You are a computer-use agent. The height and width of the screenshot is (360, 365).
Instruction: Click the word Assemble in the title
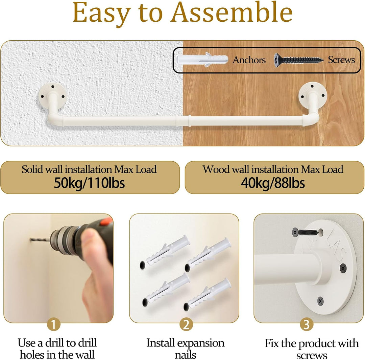pos(232,12)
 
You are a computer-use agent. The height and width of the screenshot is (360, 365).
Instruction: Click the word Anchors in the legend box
pos(249,60)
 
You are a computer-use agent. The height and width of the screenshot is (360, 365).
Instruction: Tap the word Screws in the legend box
pos(341,60)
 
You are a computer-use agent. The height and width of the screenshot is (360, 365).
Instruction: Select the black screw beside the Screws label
pos(298,60)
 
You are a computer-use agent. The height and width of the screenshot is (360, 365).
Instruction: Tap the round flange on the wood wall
pos(313,95)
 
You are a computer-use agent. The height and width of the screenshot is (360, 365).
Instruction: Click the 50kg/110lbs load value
pos(89,183)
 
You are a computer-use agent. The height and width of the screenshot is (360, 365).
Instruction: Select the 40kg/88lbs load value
pos(273,183)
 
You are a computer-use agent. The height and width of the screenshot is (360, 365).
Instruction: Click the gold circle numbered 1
pos(54,324)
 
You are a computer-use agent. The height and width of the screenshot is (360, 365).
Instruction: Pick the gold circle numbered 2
pos(186,324)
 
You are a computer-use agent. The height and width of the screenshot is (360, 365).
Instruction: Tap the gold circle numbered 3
pos(307,324)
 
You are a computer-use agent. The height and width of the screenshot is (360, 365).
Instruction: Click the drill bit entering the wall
pos(40,240)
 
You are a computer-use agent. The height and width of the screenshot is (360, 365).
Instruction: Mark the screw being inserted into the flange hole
pos(306,232)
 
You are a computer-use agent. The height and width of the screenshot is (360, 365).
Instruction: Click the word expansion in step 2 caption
pos(201,343)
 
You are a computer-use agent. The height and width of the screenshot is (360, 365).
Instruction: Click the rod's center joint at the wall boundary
pos(183,121)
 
